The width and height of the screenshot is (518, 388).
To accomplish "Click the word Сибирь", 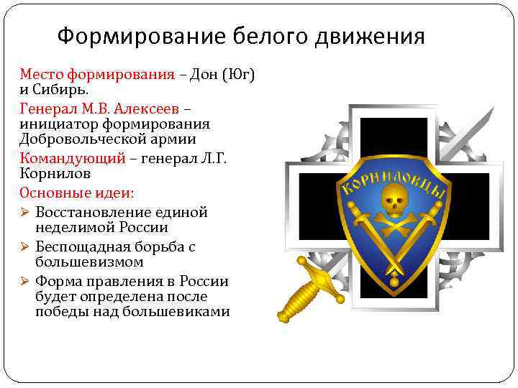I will click(x=62, y=90).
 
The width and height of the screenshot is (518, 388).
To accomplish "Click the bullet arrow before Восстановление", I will click(x=25, y=213).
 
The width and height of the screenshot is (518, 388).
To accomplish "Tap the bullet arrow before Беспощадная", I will click(x=25, y=247).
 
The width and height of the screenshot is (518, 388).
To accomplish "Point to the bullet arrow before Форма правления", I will click(x=25, y=282).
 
